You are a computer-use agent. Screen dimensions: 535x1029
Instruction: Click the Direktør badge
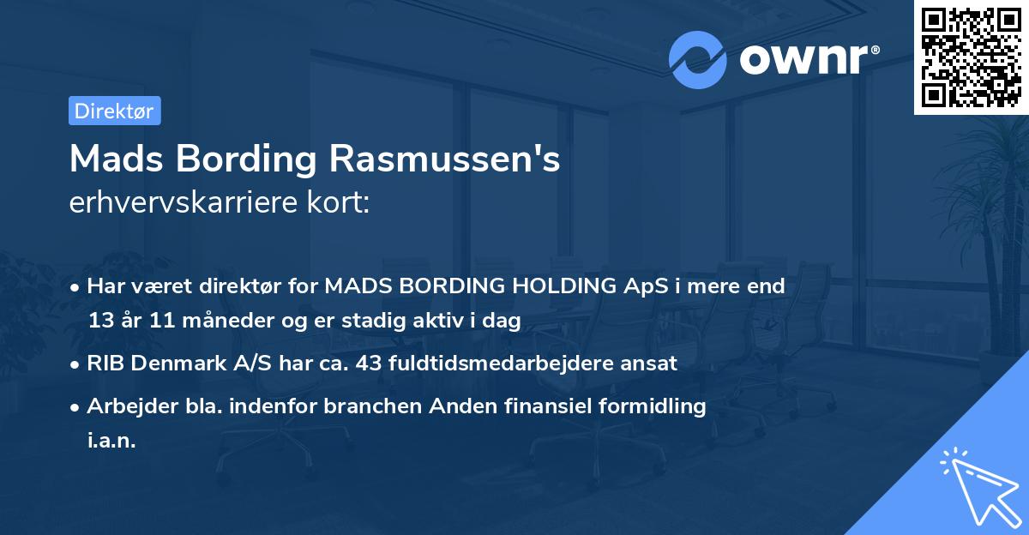coord(114,111)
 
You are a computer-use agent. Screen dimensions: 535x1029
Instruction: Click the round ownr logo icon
coord(697,60)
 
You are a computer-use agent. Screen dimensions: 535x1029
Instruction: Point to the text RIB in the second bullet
coord(105,363)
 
